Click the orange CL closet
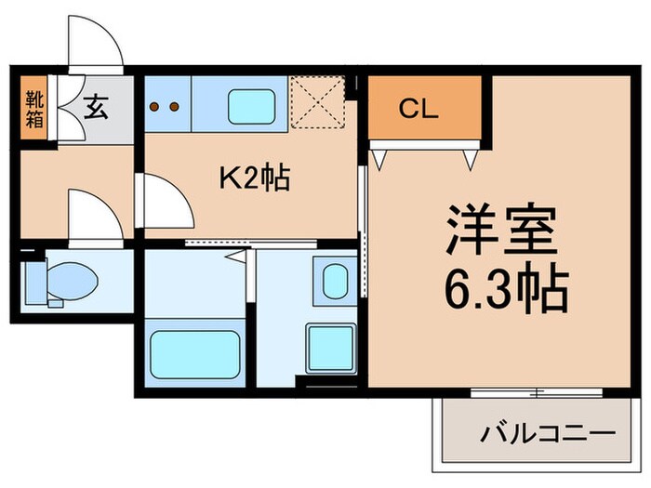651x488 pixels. [x=425, y=107]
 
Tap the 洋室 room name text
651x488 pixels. [x=499, y=232]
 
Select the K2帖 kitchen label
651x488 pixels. [x=254, y=177]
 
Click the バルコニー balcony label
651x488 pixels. [x=548, y=433]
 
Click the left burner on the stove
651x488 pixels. [x=155, y=106]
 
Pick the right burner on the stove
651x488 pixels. [x=174, y=106]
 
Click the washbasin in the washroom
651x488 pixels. [x=333, y=279]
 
